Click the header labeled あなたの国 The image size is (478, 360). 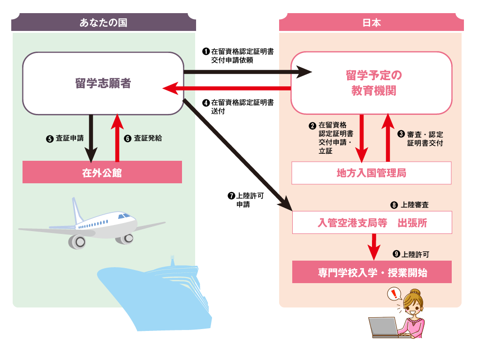[x=103, y=22]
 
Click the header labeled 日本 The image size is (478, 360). [x=372, y=22]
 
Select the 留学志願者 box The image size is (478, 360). [x=103, y=83]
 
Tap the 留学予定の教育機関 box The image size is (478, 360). [x=372, y=83]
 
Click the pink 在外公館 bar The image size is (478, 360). [x=102, y=172]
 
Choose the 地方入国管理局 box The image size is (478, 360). [x=372, y=173]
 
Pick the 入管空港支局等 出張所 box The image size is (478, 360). [x=372, y=223]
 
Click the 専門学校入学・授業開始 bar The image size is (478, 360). [x=372, y=272]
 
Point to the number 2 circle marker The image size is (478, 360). [x=312, y=126]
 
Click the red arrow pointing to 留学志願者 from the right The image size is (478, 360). [x=225, y=88]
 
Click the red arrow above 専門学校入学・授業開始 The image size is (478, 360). [x=374, y=247]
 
